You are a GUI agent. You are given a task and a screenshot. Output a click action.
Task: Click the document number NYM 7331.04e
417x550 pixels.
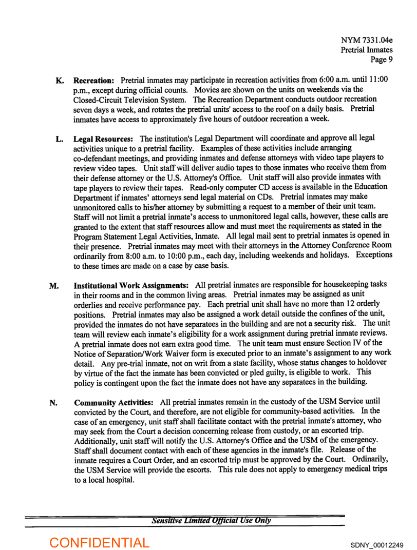(367, 40)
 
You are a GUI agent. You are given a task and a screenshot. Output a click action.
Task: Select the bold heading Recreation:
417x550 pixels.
(94, 81)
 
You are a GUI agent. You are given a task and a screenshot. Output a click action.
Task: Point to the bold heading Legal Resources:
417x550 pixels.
(104, 139)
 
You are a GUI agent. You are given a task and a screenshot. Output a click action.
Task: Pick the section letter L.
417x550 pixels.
(60, 139)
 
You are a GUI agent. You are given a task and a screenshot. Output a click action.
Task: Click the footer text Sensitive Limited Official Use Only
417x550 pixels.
(211, 520)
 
